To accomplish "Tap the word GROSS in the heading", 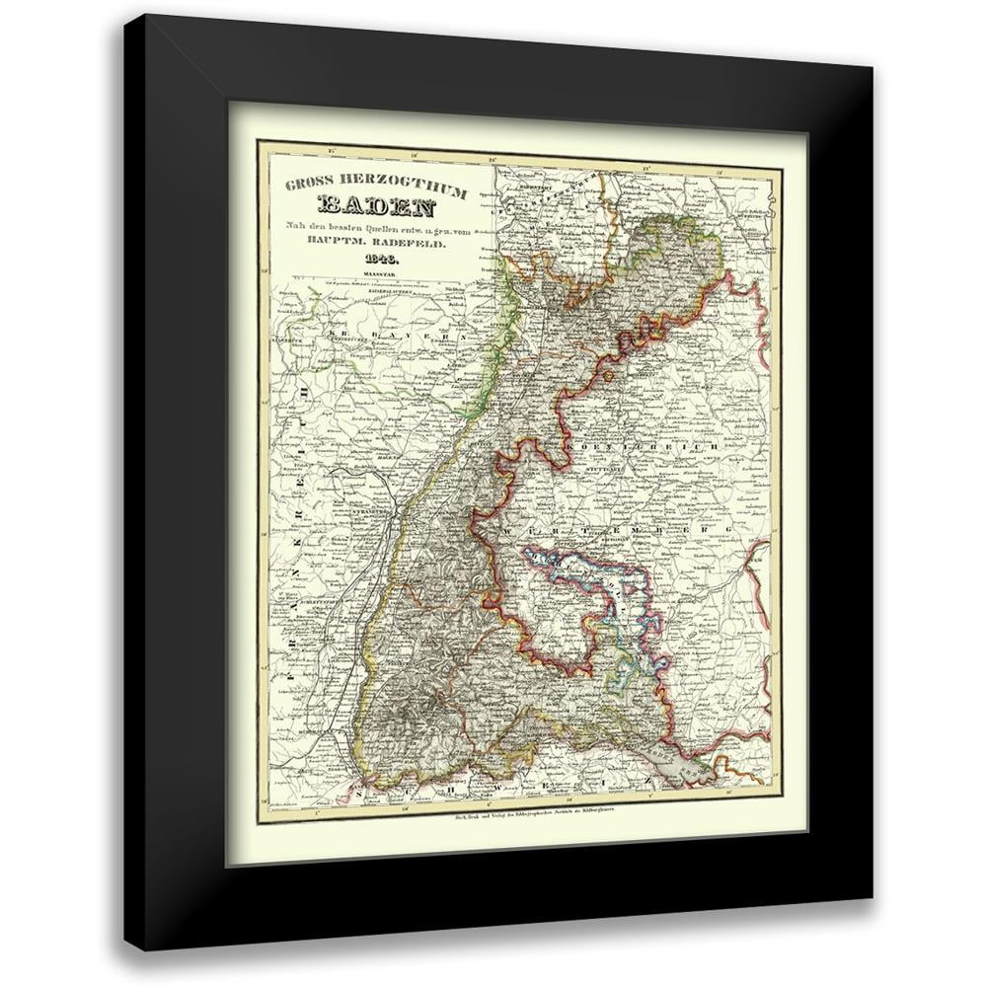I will click(x=307, y=186).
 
